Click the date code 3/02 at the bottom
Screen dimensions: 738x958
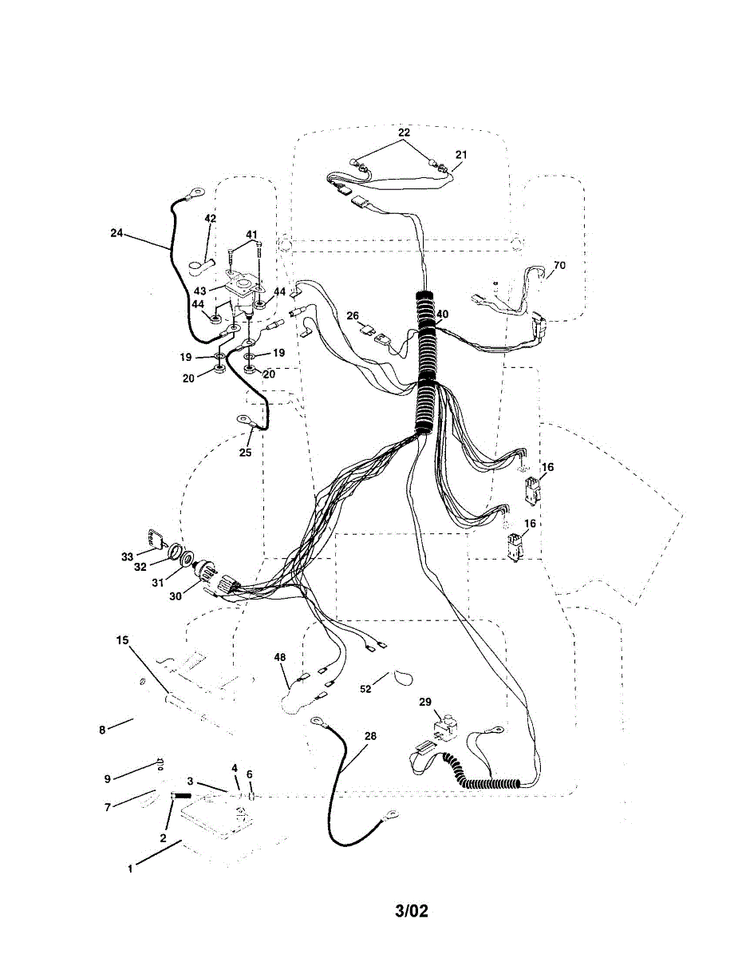tap(411, 911)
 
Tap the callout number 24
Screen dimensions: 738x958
tap(117, 233)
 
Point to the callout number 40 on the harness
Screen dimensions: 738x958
tap(442, 315)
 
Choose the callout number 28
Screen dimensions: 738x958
tap(369, 735)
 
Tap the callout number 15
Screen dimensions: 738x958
tap(121, 640)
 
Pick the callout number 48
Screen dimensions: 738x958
tap(280, 658)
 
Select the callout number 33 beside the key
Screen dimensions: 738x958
tap(128, 556)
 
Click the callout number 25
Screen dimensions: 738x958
tap(245, 453)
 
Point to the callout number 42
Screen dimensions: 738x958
tap(210, 219)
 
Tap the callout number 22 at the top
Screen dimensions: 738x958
tap(404, 132)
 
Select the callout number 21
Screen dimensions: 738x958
tap(462, 154)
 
